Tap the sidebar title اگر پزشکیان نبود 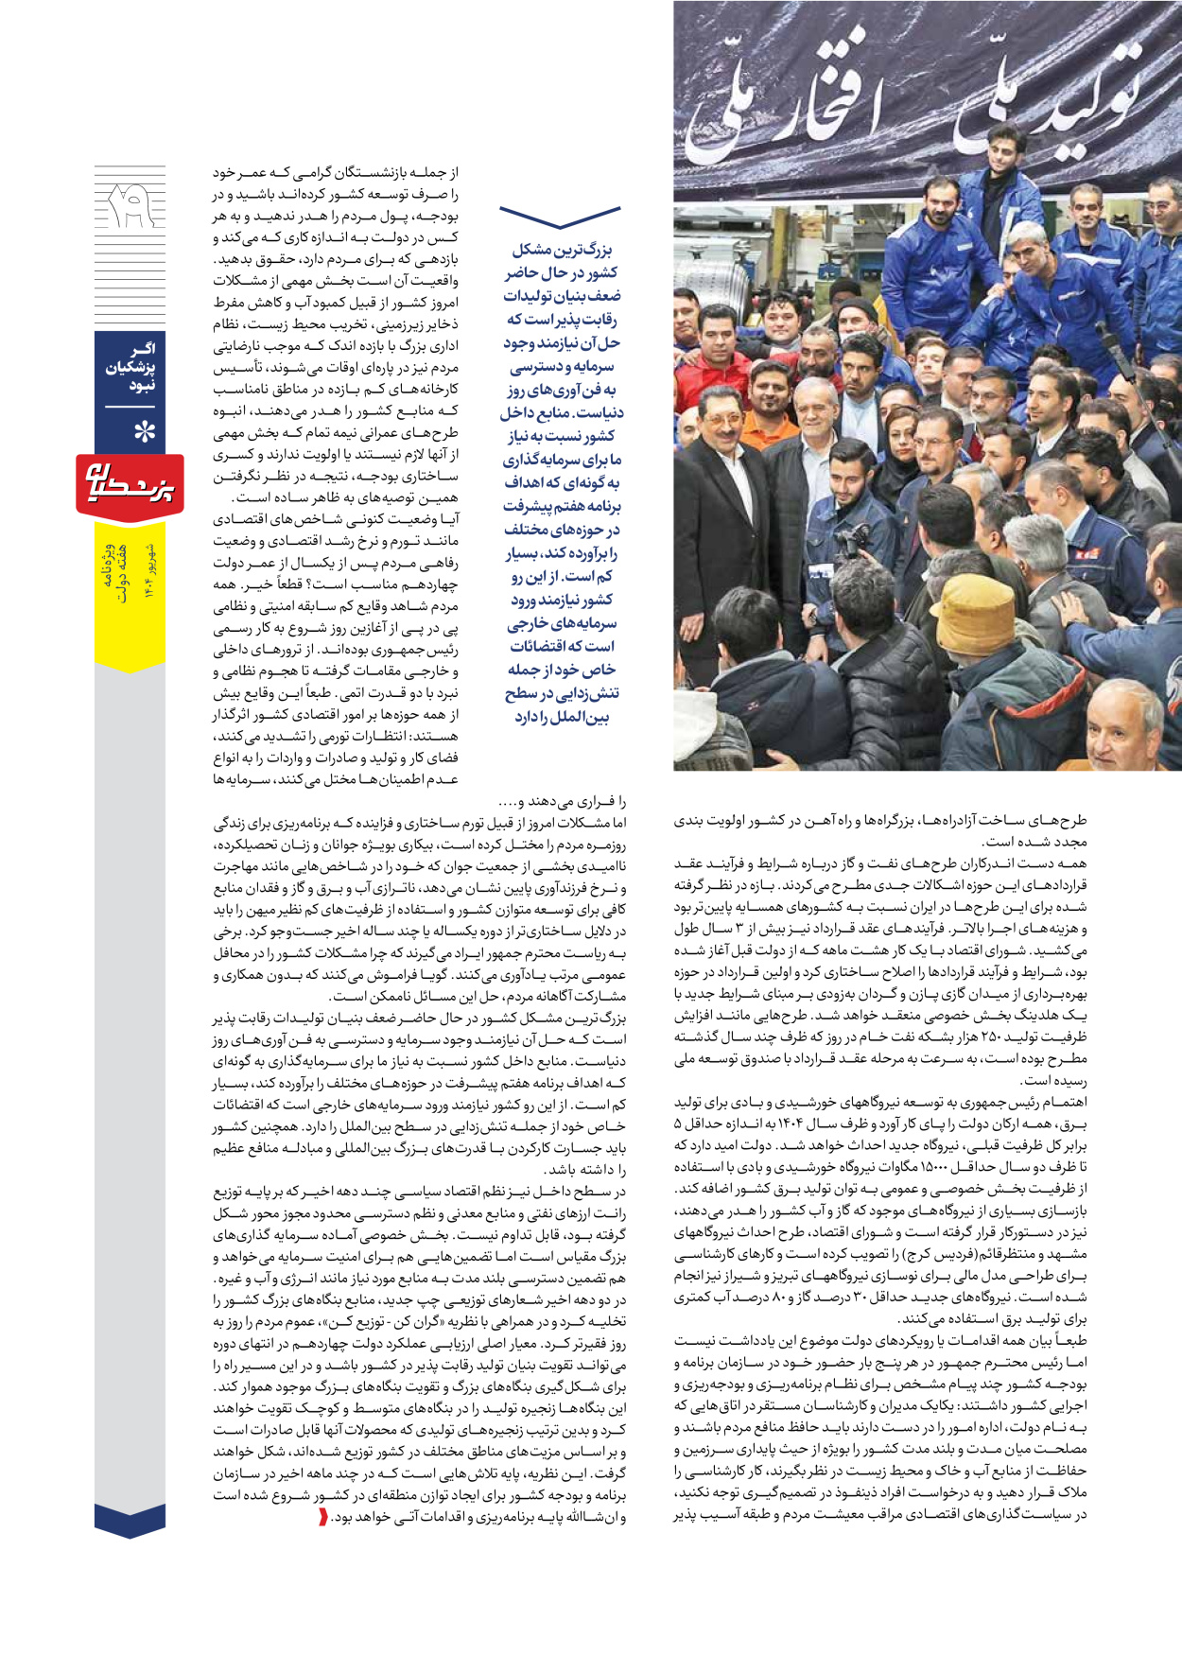[130, 368]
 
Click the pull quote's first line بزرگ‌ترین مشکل [562, 250]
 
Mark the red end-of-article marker [322, 1517]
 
